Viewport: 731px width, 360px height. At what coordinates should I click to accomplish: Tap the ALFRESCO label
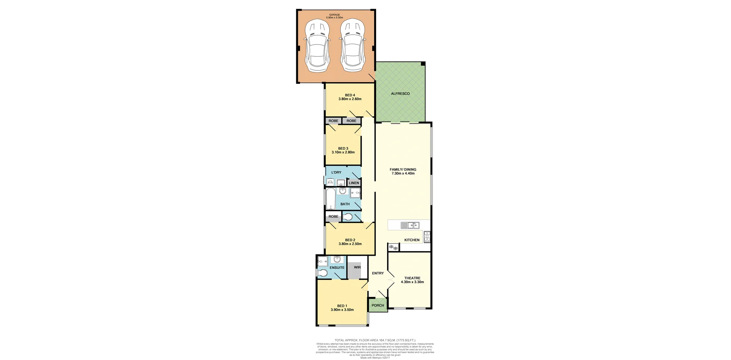[400, 94]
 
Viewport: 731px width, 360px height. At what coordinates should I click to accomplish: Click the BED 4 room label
[350, 95]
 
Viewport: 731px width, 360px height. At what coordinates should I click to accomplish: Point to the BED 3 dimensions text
[343, 152]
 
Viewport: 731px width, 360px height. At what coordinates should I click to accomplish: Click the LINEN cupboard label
[354, 183]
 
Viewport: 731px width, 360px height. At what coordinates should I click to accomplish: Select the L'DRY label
[336, 172]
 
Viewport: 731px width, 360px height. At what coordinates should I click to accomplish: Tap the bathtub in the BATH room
[330, 199]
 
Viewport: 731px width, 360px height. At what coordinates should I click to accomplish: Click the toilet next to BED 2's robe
[348, 217]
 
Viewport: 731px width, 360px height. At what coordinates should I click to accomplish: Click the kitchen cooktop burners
[427, 237]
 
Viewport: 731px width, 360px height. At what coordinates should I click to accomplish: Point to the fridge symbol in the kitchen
[393, 248]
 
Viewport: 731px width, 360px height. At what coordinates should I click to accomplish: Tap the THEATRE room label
[412, 278]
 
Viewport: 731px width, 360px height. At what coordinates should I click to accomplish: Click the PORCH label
[378, 305]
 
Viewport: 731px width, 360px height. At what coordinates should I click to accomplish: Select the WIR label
[357, 267]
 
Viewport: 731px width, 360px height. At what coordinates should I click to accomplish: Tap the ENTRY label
[378, 273]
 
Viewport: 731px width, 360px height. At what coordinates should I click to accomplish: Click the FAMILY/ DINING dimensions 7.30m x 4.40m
[403, 174]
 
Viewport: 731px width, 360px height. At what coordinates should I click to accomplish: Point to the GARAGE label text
[334, 15]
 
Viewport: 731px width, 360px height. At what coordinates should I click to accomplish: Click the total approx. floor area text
[375, 340]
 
